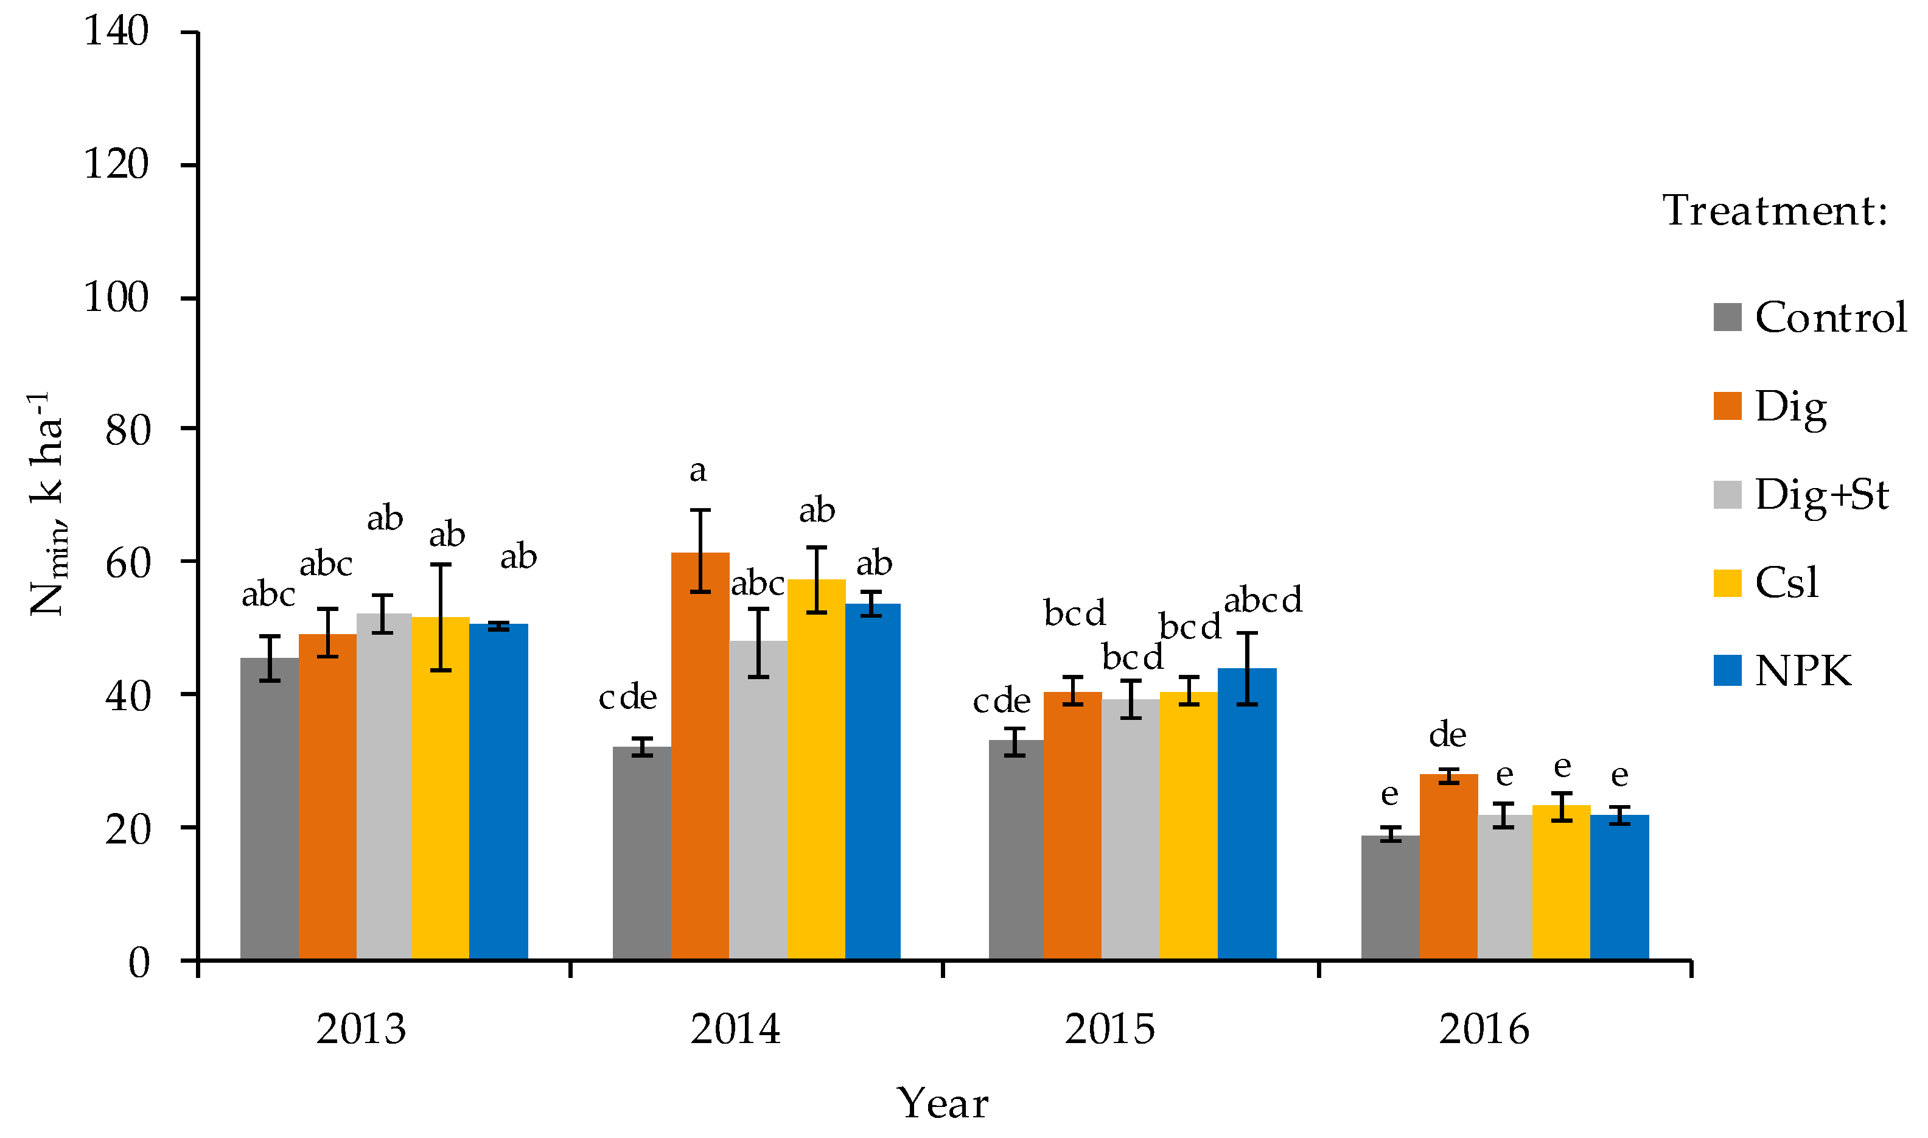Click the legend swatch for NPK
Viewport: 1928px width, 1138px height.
[1727, 670]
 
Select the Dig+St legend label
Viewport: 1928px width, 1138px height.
[1821, 495]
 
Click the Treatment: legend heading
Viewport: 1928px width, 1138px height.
[1775, 211]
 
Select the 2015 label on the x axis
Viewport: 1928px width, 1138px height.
[1109, 1029]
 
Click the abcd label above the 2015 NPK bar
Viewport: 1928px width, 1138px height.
[1262, 599]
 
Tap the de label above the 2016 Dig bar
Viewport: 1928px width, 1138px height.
[1447, 735]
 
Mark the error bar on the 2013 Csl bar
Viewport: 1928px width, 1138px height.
[440, 617]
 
